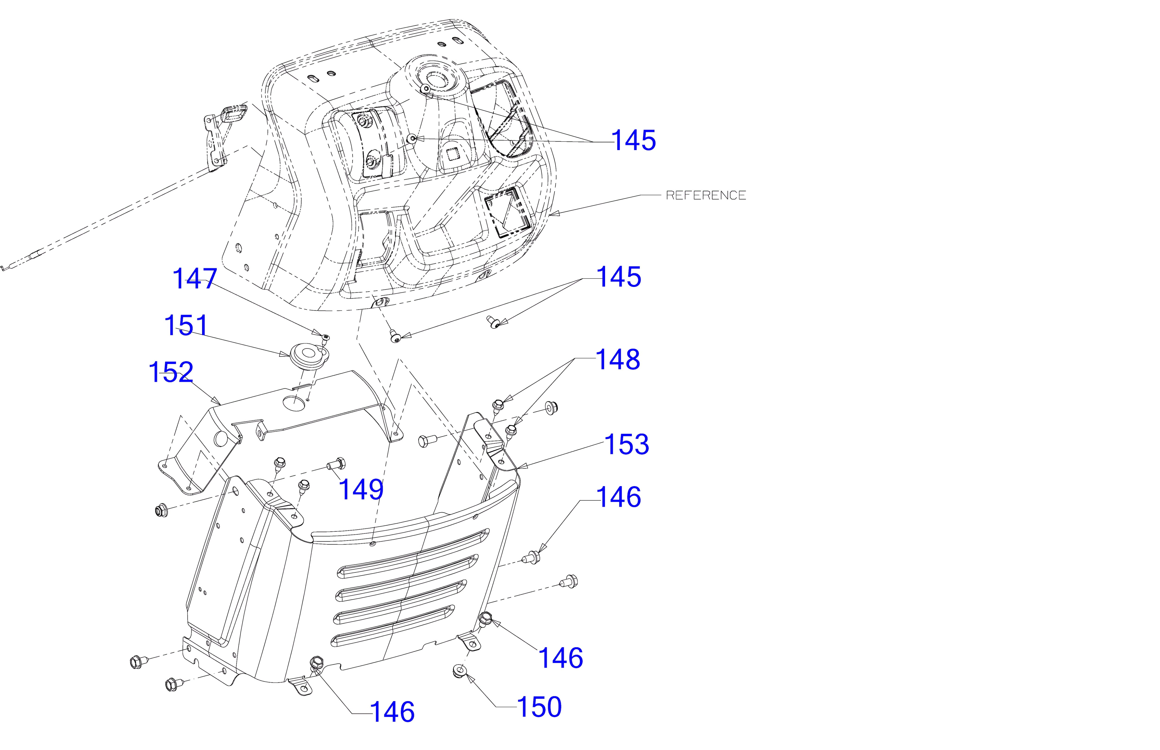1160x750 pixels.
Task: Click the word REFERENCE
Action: [706, 195]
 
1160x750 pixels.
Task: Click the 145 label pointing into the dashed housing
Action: [634, 140]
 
